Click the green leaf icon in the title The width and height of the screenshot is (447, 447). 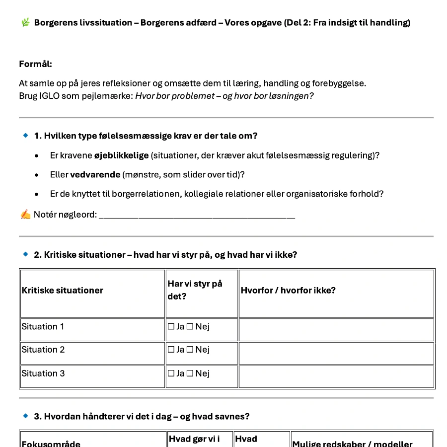click(25, 22)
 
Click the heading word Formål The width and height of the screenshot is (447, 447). click(35, 64)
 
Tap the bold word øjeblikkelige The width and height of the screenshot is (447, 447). click(122, 155)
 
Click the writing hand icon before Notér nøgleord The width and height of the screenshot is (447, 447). click(25, 215)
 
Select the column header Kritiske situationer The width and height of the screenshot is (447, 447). click(63, 291)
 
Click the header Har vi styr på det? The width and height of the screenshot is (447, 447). click(195, 290)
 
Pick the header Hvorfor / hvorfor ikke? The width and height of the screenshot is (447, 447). click(288, 291)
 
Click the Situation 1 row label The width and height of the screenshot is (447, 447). click(43, 327)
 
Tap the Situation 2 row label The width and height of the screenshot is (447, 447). click(43, 350)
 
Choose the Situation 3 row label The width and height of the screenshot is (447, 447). click(43, 373)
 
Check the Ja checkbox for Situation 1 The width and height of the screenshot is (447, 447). click(171, 327)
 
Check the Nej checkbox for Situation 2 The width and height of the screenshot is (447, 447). click(190, 350)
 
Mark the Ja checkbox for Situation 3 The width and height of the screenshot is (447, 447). click(171, 373)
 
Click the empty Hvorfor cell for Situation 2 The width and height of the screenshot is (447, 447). click(336, 353)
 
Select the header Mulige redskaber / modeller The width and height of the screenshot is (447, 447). click(352, 444)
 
